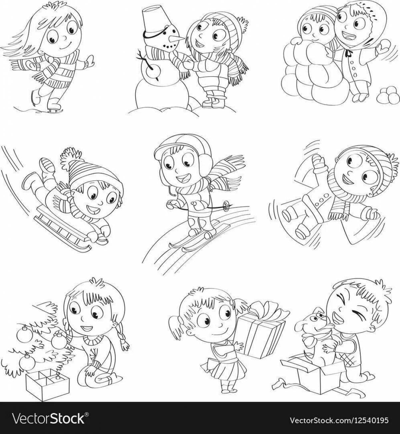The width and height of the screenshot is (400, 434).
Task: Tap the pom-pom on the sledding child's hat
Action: [70, 157]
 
